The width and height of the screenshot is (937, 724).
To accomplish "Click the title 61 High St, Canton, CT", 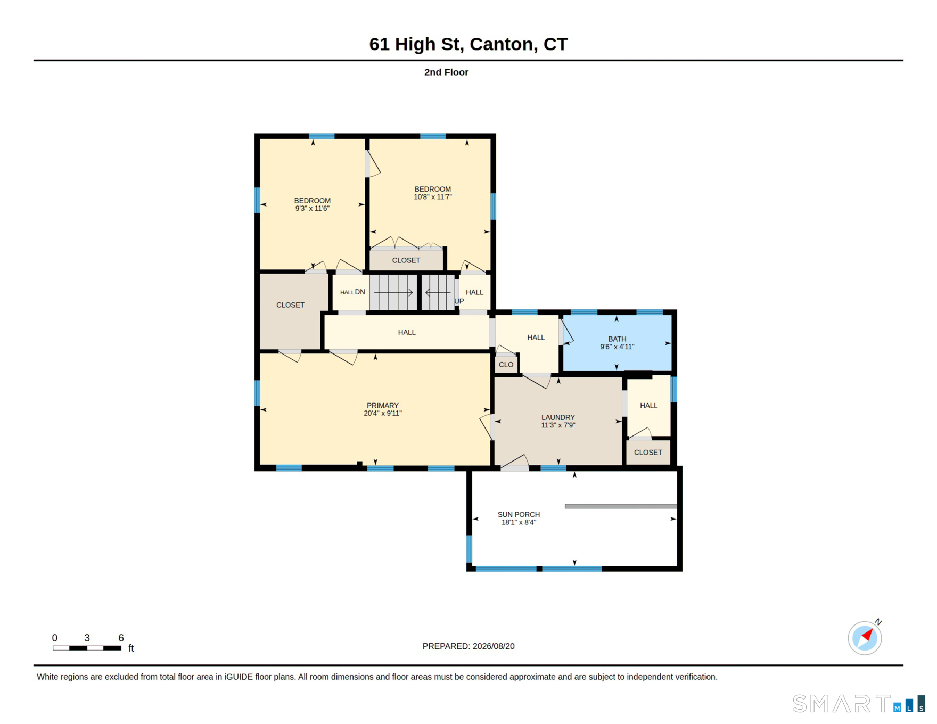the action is pos(468,44).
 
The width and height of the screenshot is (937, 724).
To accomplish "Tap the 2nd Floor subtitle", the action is pos(446,72).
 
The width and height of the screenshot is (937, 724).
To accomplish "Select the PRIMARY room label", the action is pos(382,406).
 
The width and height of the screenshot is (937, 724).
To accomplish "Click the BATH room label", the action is pos(617,339).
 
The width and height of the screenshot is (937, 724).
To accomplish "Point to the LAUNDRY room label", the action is pos(558,418).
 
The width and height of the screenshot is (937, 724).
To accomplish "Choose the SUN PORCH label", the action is pos(519,515).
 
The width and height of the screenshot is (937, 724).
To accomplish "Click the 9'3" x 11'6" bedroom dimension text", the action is pos(313,209).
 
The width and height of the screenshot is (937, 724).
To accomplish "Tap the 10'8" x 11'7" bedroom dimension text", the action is pos(433,197).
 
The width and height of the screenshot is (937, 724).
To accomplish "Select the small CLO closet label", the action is pos(506,365).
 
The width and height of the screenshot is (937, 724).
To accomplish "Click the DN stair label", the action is pos(360,292).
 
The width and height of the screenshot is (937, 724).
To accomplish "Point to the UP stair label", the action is pos(459,301).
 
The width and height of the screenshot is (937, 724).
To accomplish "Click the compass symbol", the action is pos(865,637).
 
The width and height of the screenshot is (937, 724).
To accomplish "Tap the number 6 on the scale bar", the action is pos(121,638).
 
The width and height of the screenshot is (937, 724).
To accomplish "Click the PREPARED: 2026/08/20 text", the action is pos(468,646).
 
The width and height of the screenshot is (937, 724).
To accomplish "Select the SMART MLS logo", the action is pos(859,703).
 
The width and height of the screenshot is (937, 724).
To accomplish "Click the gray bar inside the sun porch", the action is pos(621,506).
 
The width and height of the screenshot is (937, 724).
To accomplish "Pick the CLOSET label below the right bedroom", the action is pos(406,261).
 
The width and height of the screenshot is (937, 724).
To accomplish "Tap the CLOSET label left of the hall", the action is pos(290,306).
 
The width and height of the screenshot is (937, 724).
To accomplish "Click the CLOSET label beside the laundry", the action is pos(648,452).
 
